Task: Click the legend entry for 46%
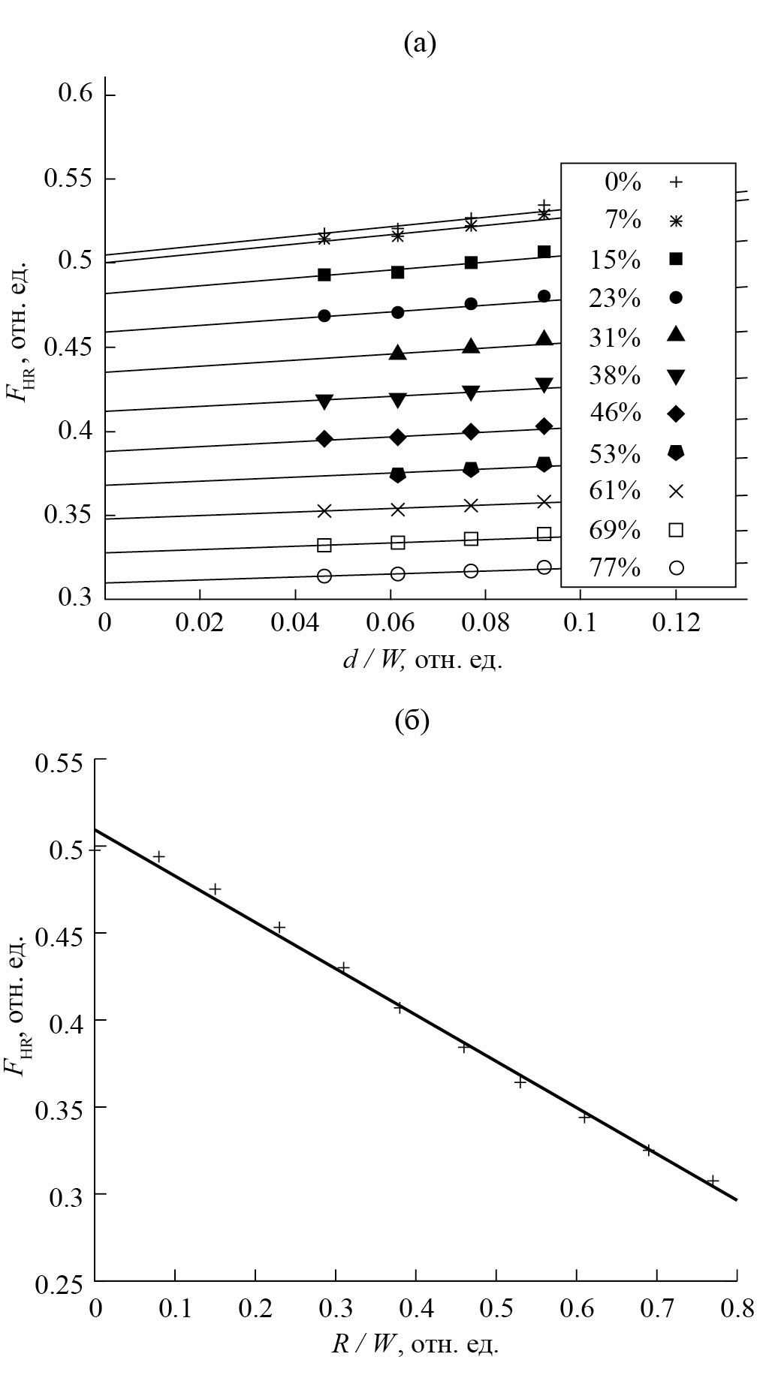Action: [614, 414]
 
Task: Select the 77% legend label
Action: [614, 567]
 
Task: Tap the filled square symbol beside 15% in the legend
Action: [676, 259]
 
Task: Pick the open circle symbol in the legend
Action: [676, 567]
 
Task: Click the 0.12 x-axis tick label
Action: [677, 622]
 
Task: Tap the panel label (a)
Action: [419, 43]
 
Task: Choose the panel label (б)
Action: [412, 722]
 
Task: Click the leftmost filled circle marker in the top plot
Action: [324, 316]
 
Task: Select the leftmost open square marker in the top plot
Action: [324, 545]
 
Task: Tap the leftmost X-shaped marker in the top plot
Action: [324, 511]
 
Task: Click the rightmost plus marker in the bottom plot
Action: [713, 1181]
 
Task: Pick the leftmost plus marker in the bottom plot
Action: [158, 856]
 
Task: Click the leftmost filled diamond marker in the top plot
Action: [324, 439]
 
